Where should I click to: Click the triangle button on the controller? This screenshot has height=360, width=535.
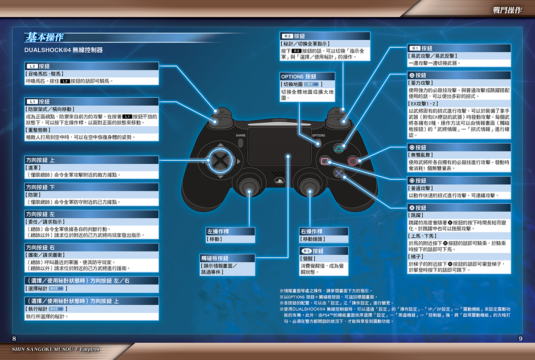[338, 149]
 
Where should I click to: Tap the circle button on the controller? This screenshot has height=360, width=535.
[353, 161]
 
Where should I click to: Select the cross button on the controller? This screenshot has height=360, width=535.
[338, 173]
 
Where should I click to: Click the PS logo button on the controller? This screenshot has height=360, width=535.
[279, 181]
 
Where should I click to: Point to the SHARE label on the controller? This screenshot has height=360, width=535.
[240, 135]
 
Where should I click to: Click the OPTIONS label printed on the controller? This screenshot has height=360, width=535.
[318, 135]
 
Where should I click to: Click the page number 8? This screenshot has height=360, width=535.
[14, 339]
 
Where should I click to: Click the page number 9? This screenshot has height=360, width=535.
[521, 339]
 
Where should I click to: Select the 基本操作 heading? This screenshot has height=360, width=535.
[45, 37]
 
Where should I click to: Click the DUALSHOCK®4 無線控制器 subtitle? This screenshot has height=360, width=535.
[63, 50]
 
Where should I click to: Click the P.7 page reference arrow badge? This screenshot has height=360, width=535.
[312, 84]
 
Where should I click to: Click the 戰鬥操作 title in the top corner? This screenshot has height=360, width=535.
[507, 10]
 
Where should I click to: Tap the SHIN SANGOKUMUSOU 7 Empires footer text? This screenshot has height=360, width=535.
[56, 349]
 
